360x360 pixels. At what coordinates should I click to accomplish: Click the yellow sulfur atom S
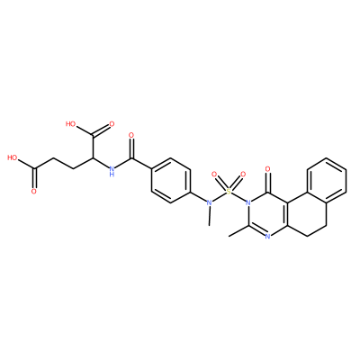(229, 192)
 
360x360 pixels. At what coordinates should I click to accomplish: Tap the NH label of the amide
(112, 171)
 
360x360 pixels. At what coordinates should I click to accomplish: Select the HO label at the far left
(13, 157)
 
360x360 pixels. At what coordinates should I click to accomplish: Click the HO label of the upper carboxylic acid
(71, 124)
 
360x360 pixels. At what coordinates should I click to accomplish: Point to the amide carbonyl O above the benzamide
(130, 135)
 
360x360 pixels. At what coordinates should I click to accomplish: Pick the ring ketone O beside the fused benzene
(268, 169)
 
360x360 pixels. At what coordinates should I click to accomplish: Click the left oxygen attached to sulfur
(214, 174)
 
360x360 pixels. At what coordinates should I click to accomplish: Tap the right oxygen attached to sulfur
(243, 174)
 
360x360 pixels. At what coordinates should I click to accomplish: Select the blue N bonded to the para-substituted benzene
(210, 203)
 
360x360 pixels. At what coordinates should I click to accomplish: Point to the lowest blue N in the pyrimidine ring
(268, 237)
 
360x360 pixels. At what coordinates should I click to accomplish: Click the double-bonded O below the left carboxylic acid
(34, 191)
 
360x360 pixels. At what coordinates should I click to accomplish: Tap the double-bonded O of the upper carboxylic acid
(112, 124)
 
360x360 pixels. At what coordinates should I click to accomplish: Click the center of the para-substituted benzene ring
(171, 181)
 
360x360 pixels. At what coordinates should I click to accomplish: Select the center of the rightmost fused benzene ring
(327, 181)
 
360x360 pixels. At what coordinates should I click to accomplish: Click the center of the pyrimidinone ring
(268, 214)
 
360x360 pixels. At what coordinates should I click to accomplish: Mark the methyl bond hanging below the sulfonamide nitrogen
(210, 216)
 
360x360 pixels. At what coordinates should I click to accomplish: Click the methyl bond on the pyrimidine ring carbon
(238, 231)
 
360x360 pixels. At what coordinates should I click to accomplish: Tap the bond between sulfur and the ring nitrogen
(238, 197)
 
